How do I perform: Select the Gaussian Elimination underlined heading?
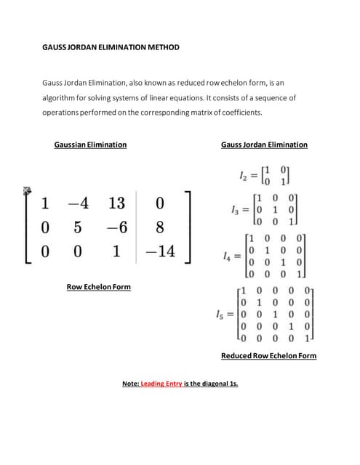(90, 145)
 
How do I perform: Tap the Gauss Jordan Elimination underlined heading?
(264, 145)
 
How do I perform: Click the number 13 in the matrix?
(116, 204)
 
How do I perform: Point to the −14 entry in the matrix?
(160, 251)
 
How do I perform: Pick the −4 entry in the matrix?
(78, 204)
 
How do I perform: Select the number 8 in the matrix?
(160, 228)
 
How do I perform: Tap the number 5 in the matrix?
(78, 228)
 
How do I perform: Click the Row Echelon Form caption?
(98, 287)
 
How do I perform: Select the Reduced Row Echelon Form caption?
(268, 355)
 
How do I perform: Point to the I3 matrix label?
(233, 210)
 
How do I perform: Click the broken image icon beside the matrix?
(28, 190)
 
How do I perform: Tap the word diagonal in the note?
(213, 384)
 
